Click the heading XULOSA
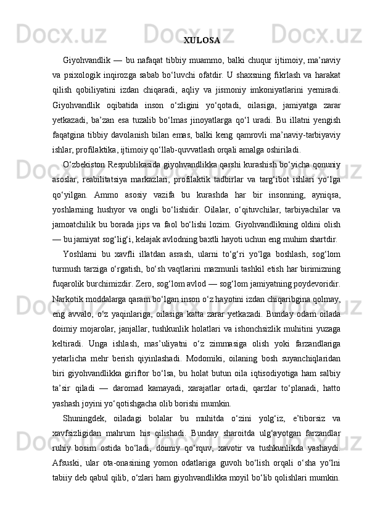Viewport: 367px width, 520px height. pyautogui.click(x=202, y=41)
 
